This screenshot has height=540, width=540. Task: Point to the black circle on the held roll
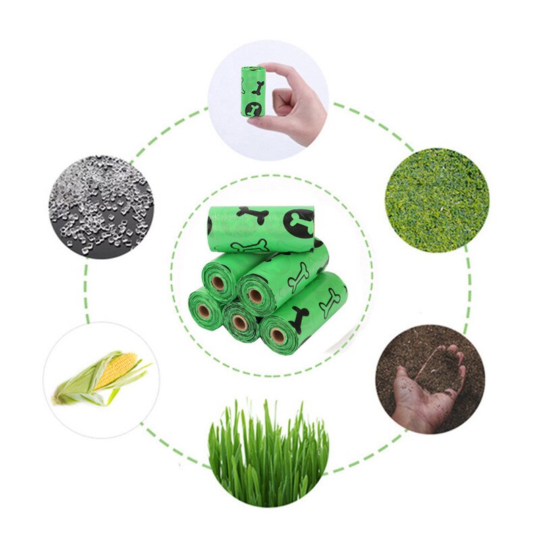(255, 107)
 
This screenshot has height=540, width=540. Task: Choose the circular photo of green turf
(437, 200)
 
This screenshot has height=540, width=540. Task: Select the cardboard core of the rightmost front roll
(277, 334)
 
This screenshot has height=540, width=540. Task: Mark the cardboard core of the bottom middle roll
(239, 323)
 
